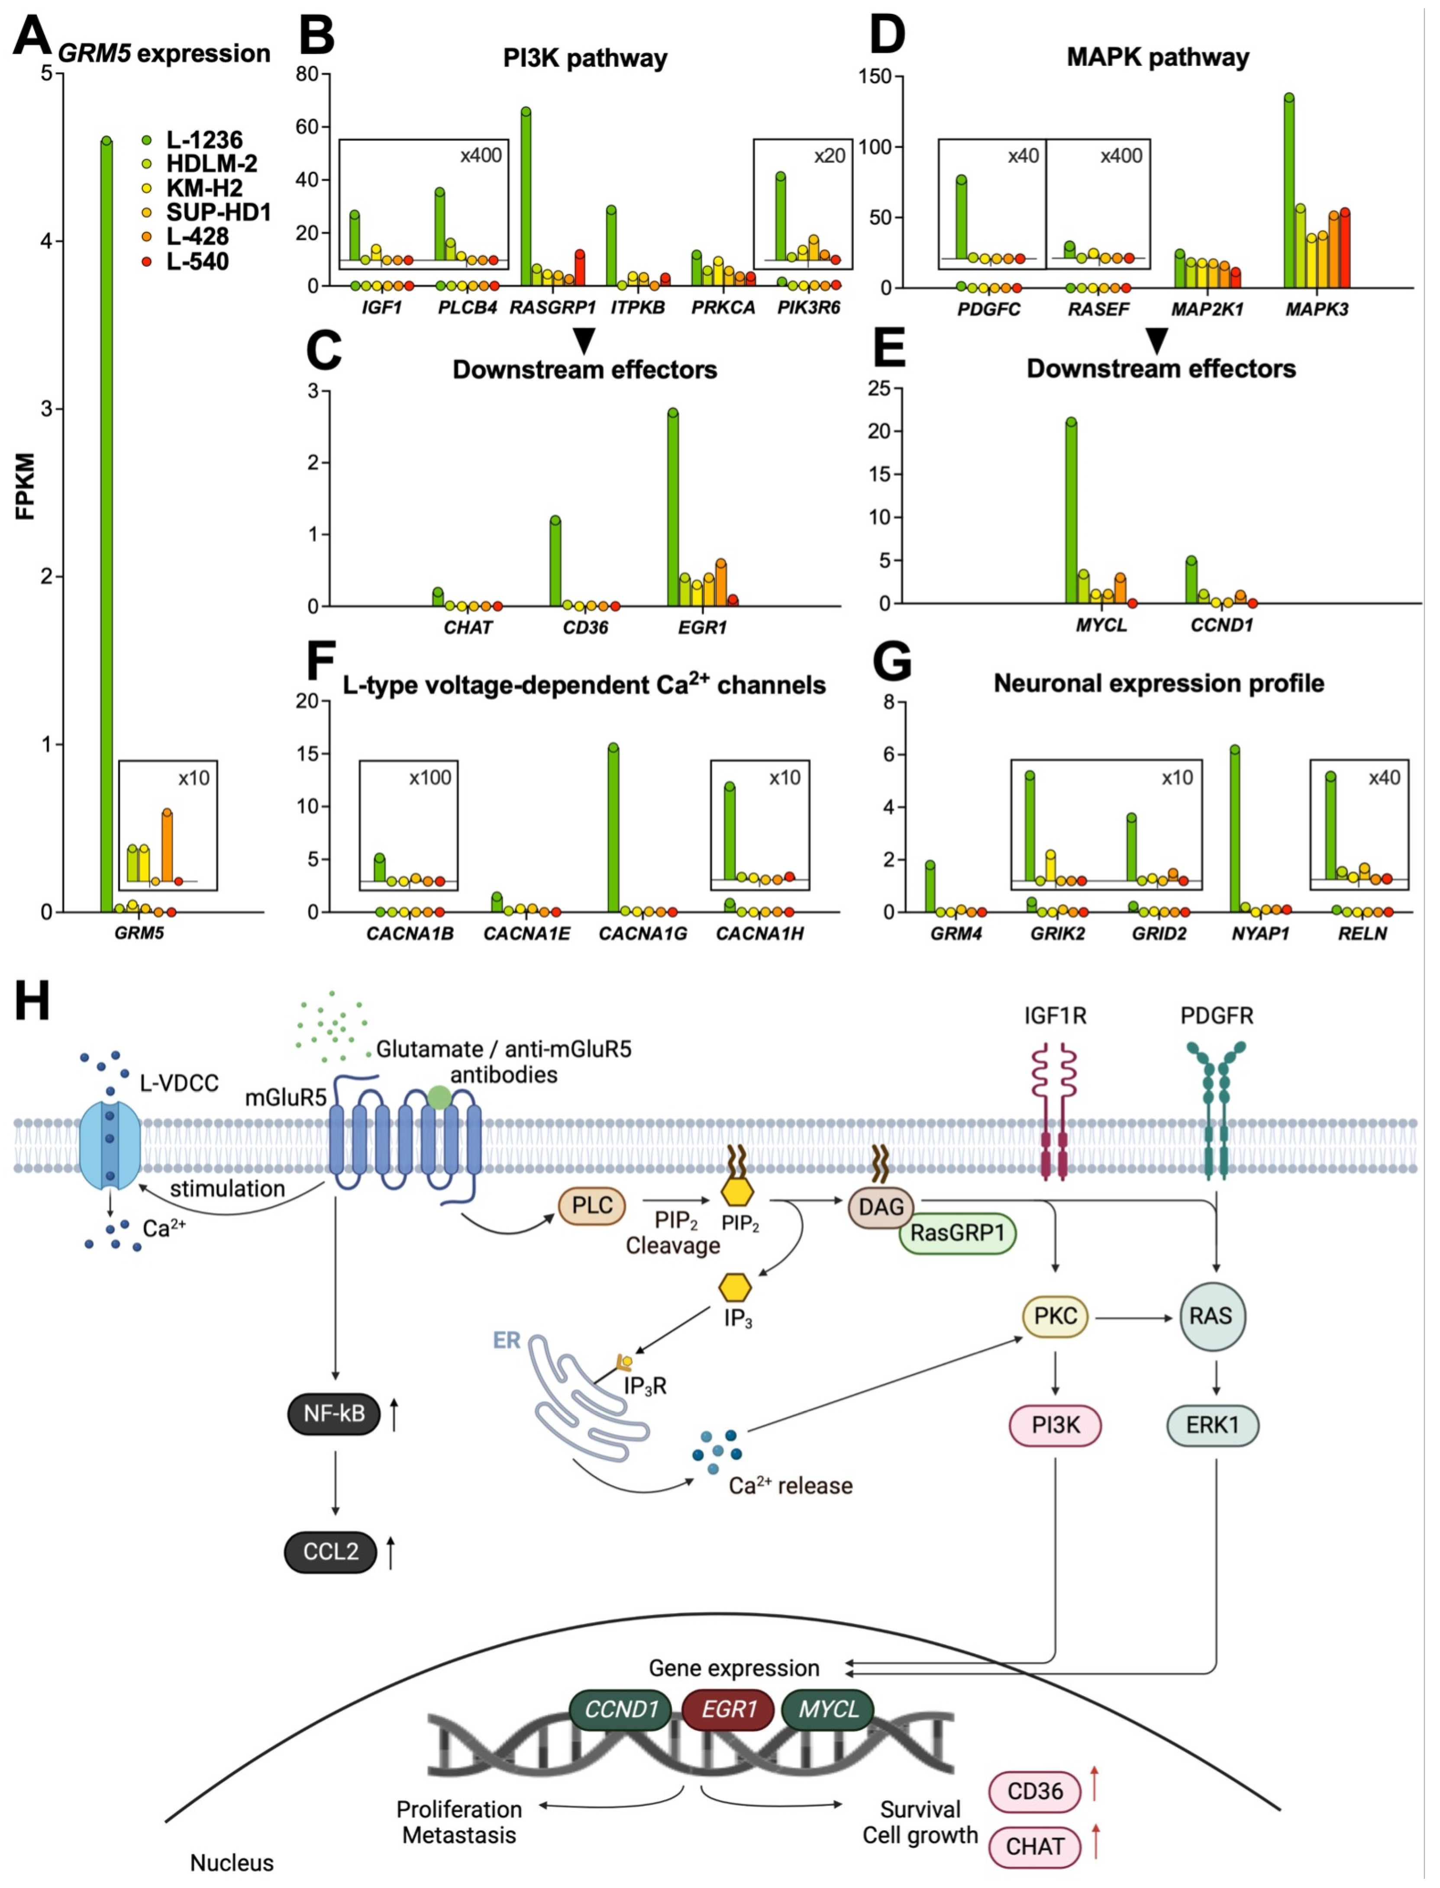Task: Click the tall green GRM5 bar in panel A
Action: point(106,523)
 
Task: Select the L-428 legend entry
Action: point(197,236)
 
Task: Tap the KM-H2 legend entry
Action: point(204,188)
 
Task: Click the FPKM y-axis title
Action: point(26,486)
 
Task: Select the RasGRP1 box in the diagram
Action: point(956,1233)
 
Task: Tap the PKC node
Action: point(1055,1316)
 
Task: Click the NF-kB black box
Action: point(334,1413)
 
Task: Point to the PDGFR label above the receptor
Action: point(1216,1016)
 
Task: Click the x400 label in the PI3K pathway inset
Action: point(481,155)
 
